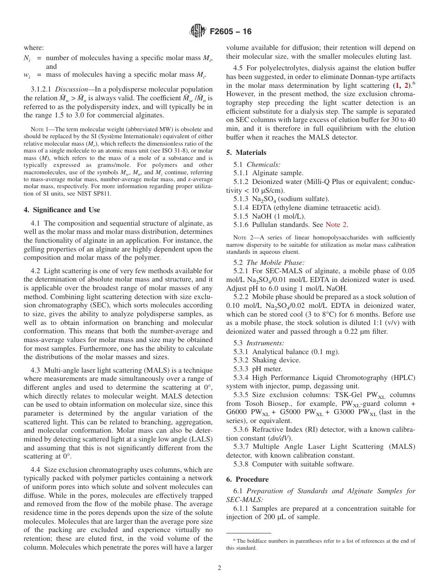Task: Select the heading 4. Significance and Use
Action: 61,210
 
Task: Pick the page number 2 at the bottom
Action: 219,569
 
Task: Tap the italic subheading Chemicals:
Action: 261,164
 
